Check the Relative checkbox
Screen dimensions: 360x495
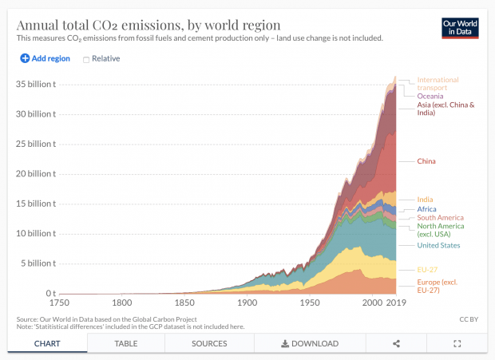86,59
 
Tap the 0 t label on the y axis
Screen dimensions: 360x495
49,294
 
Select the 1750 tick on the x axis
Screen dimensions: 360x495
59,303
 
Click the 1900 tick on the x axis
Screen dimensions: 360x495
247,303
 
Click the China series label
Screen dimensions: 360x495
426,161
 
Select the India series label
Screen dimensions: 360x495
426,199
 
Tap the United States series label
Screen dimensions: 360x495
438,245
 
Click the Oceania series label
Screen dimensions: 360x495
432,96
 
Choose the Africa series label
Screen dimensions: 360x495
427,209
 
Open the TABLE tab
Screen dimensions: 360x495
126,343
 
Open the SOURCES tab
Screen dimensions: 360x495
209,343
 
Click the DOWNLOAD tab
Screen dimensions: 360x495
310,343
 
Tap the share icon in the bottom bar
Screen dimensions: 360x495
396,343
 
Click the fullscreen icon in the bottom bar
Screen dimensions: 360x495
457,343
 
